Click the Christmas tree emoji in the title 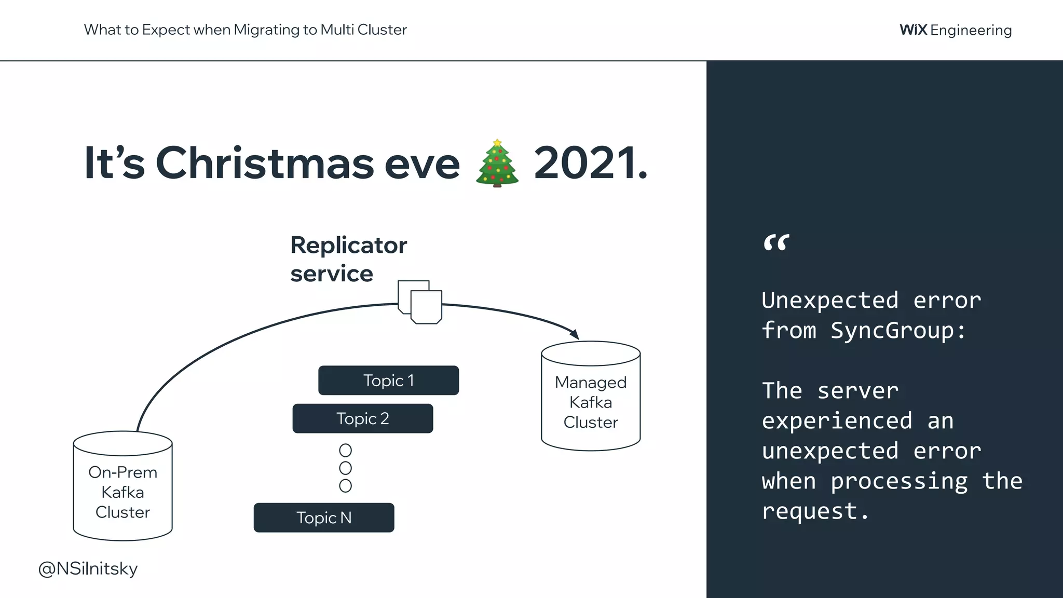[497, 163]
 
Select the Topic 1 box [388, 380]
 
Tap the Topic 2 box [362, 418]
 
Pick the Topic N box [323, 518]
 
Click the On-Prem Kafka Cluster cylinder [122, 491]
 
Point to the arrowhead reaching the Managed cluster [575, 334]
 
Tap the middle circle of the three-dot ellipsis [345, 468]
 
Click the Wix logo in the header [913, 30]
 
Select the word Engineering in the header [971, 30]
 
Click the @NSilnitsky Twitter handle [88, 568]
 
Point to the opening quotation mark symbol [776, 243]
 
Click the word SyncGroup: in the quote [898, 331]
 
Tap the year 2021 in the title [590, 163]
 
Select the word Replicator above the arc [348, 245]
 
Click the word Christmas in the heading [265, 163]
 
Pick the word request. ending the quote [815, 511]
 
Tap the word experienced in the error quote [837, 421]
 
